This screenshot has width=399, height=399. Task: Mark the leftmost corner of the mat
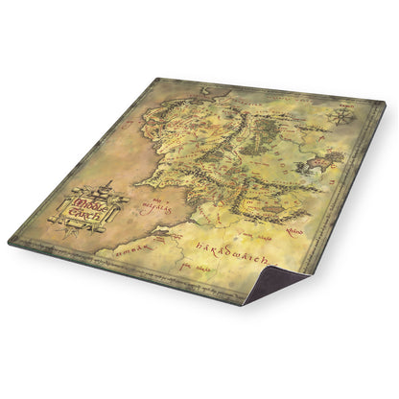10,242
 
